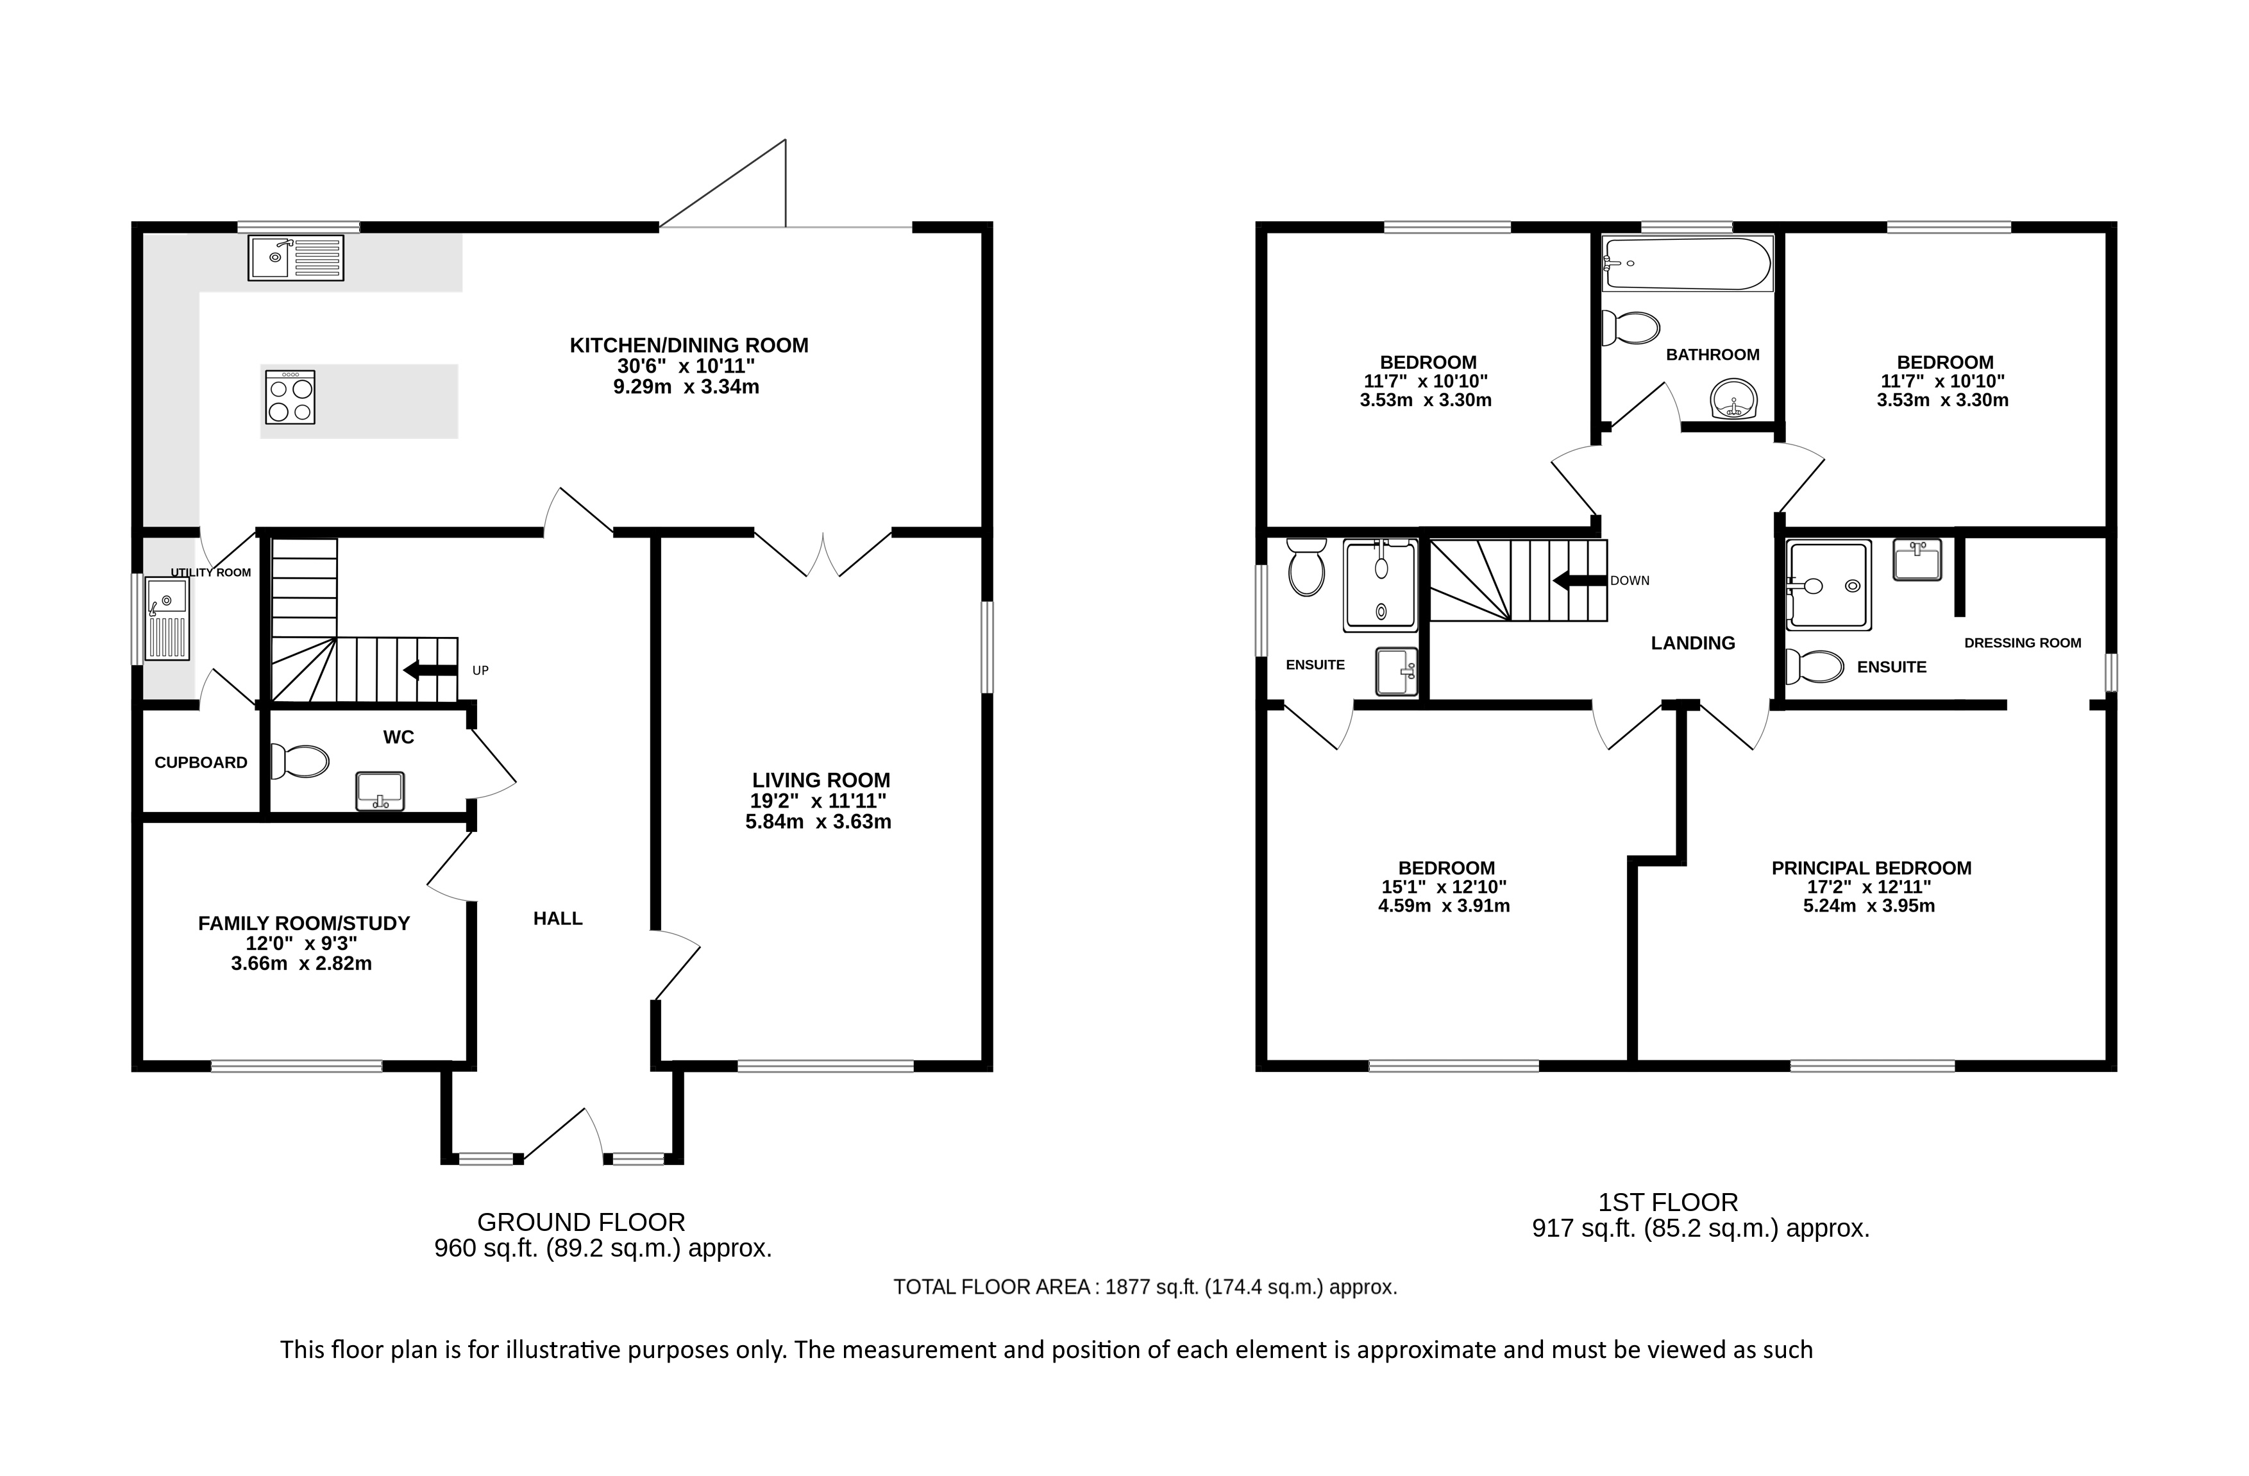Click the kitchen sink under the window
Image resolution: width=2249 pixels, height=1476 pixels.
point(296,258)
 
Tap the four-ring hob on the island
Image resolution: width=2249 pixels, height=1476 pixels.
point(290,397)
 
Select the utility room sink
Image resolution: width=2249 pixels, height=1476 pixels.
point(167,619)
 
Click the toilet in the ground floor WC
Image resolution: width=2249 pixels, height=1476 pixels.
point(299,761)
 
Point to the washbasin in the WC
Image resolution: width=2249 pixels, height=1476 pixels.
point(380,791)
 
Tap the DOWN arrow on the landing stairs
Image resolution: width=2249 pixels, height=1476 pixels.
point(1580,580)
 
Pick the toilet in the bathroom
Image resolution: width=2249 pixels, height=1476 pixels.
point(1631,328)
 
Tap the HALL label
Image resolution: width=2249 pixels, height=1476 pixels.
point(557,919)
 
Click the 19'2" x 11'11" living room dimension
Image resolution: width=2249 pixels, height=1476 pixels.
point(818,801)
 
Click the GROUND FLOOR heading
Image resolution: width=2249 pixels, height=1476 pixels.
point(581,1222)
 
